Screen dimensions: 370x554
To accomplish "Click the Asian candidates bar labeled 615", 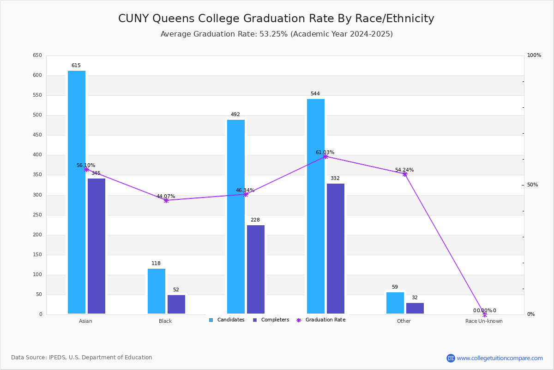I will point(77,192).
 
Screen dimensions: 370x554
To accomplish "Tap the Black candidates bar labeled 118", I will point(157,291).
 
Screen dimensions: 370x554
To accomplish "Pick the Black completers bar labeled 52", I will point(176,304).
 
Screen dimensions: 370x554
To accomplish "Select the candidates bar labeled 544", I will point(316,206).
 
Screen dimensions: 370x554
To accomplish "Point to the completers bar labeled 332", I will point(336,248).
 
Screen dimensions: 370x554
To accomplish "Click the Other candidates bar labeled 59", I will point(395,303).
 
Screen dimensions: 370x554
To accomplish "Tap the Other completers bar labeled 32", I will point(415,308).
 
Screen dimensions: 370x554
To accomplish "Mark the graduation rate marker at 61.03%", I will point(325,156).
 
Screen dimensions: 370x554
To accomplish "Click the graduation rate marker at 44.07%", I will point(166,200).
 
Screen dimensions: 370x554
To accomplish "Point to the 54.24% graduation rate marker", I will point(405,174).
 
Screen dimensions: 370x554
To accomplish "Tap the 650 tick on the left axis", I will point(37,55).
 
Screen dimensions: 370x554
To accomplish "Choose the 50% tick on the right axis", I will point(532,185).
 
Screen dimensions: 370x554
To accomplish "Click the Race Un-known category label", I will point(484,321).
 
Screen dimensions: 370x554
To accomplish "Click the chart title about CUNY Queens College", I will point(276,18).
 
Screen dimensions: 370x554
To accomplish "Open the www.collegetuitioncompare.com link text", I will point(500,358).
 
